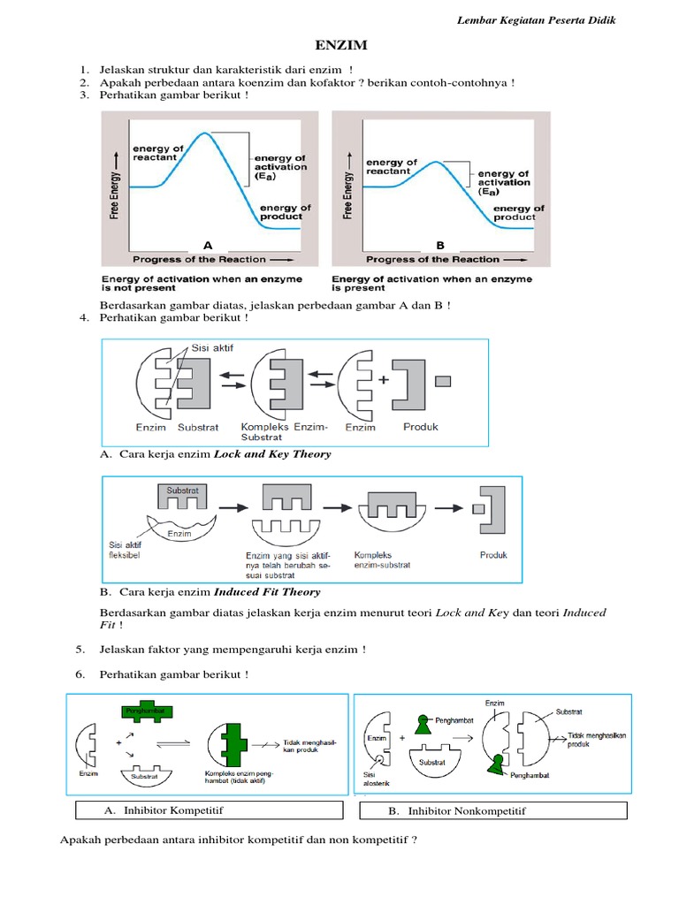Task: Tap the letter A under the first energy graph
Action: click(x=208, y=244)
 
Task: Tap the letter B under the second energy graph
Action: click(x=439, y=244)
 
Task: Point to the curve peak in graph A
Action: click(x=204, y=133)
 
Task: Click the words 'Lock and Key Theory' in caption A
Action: click(x=273, y=454)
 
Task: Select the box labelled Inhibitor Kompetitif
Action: click(x=210, y=810)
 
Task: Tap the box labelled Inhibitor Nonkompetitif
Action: click(x=493, y=810)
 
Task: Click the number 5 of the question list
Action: click(x=80, y=650)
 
